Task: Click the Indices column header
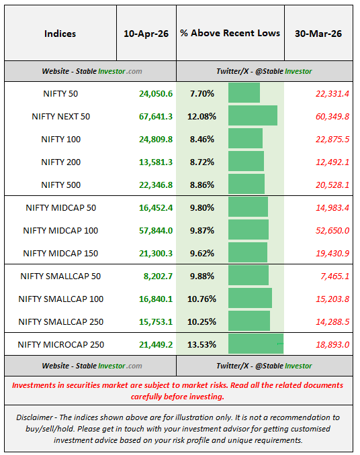click(x=60, y=34)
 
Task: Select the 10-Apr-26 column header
click(x=146, y=34)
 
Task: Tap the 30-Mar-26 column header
click(x=318, y=34)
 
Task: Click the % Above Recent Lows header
click(x=230, y=34)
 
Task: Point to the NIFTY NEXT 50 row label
click(x=60, y=116)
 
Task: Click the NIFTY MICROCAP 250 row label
click(x=60, y=344)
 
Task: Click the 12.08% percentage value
click(x=202, y=116)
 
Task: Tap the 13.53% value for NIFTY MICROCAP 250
click(x=202, y=344)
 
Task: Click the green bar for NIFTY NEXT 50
click(x=253, y=115)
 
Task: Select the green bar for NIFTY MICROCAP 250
click(x=256, y=344)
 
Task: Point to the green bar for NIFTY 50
click(x=244, y=93)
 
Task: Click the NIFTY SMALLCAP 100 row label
click(x=60, y=299)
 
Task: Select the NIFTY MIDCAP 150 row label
click(x=60, y=253)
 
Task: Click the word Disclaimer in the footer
click(x=36, y=417)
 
